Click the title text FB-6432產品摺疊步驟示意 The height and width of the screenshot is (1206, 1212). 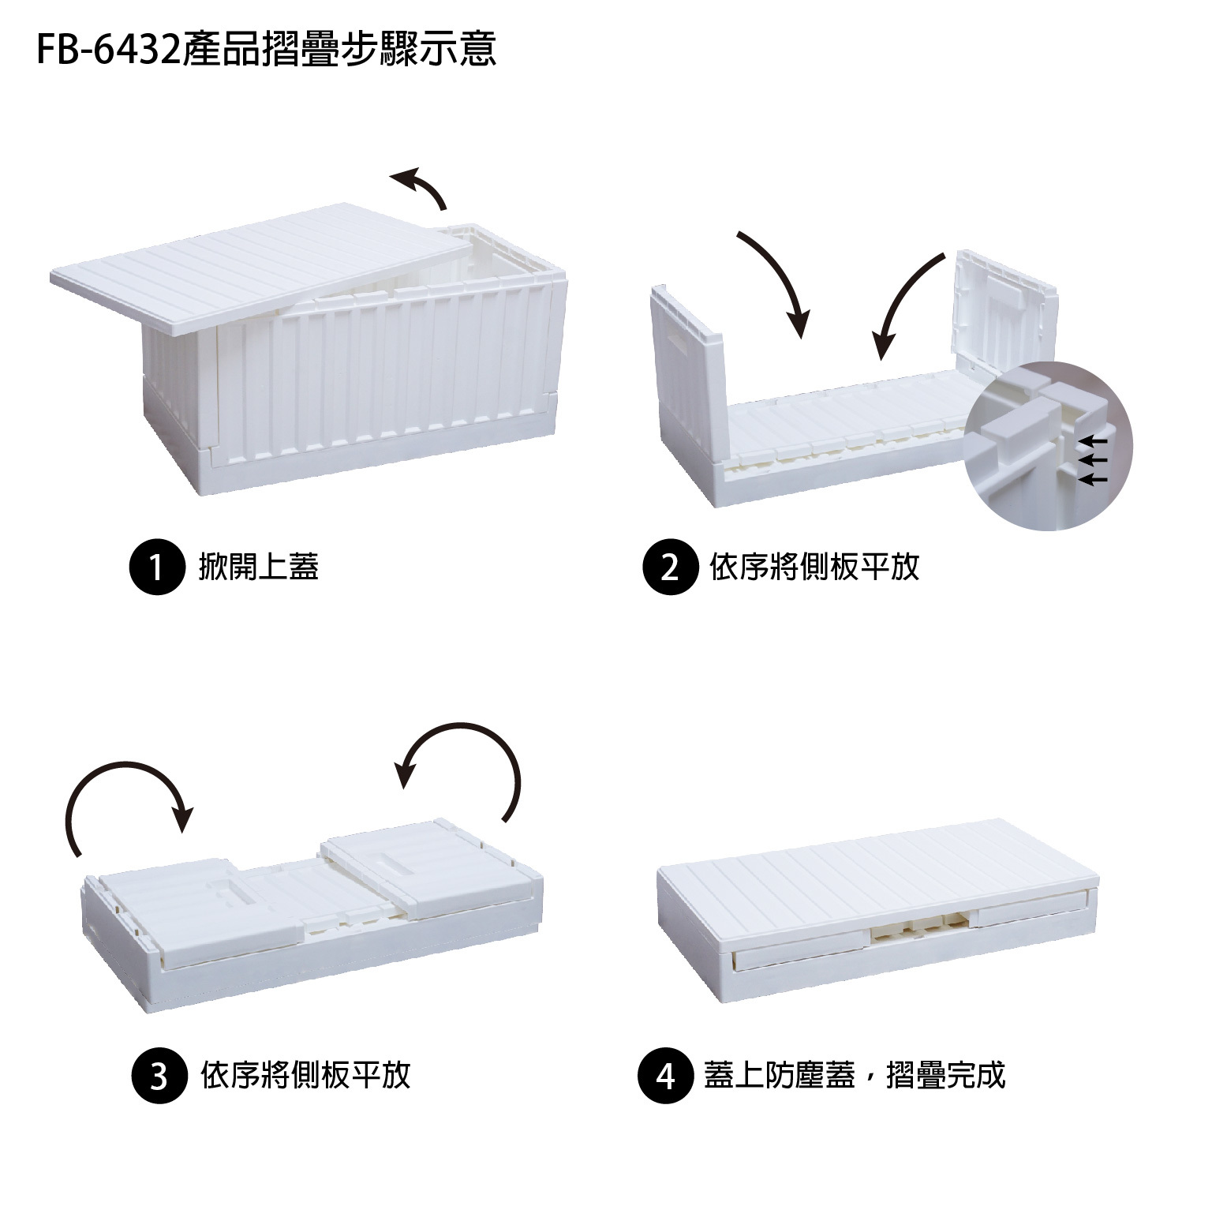[x=267, y=49]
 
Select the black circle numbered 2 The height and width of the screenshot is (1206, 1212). [x=670, y=566]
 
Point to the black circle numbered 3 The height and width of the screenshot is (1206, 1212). [x=159, y=1075]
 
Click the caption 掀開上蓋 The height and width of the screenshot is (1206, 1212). [x=259, y=566]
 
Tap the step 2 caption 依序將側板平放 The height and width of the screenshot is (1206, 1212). [x=814, y=566]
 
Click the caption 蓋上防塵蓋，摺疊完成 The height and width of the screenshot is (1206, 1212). [x=855, y=1075]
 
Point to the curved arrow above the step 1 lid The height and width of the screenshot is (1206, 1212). [x=421, y=187]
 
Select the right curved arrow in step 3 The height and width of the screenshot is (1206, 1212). [x=466, y=762]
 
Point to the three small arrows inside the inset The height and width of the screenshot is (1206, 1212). [x=1093, y=459]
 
